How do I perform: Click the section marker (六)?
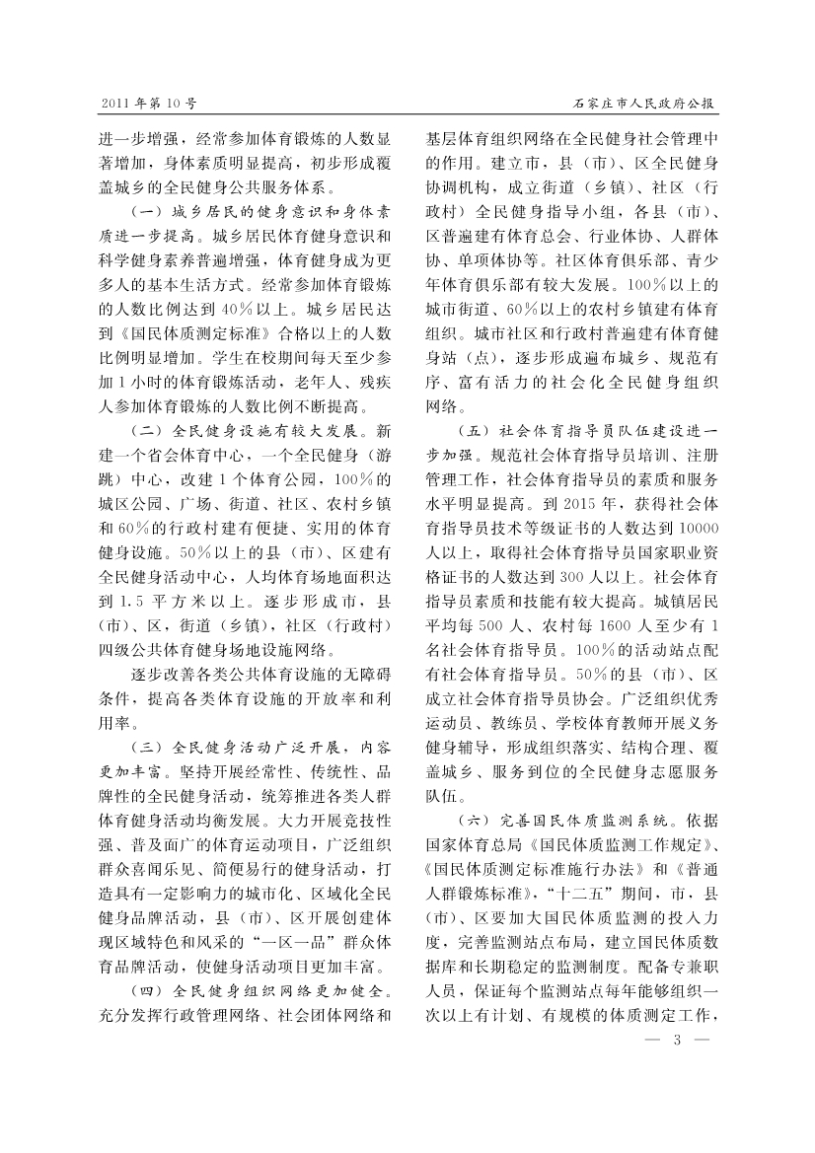[476, 818]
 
